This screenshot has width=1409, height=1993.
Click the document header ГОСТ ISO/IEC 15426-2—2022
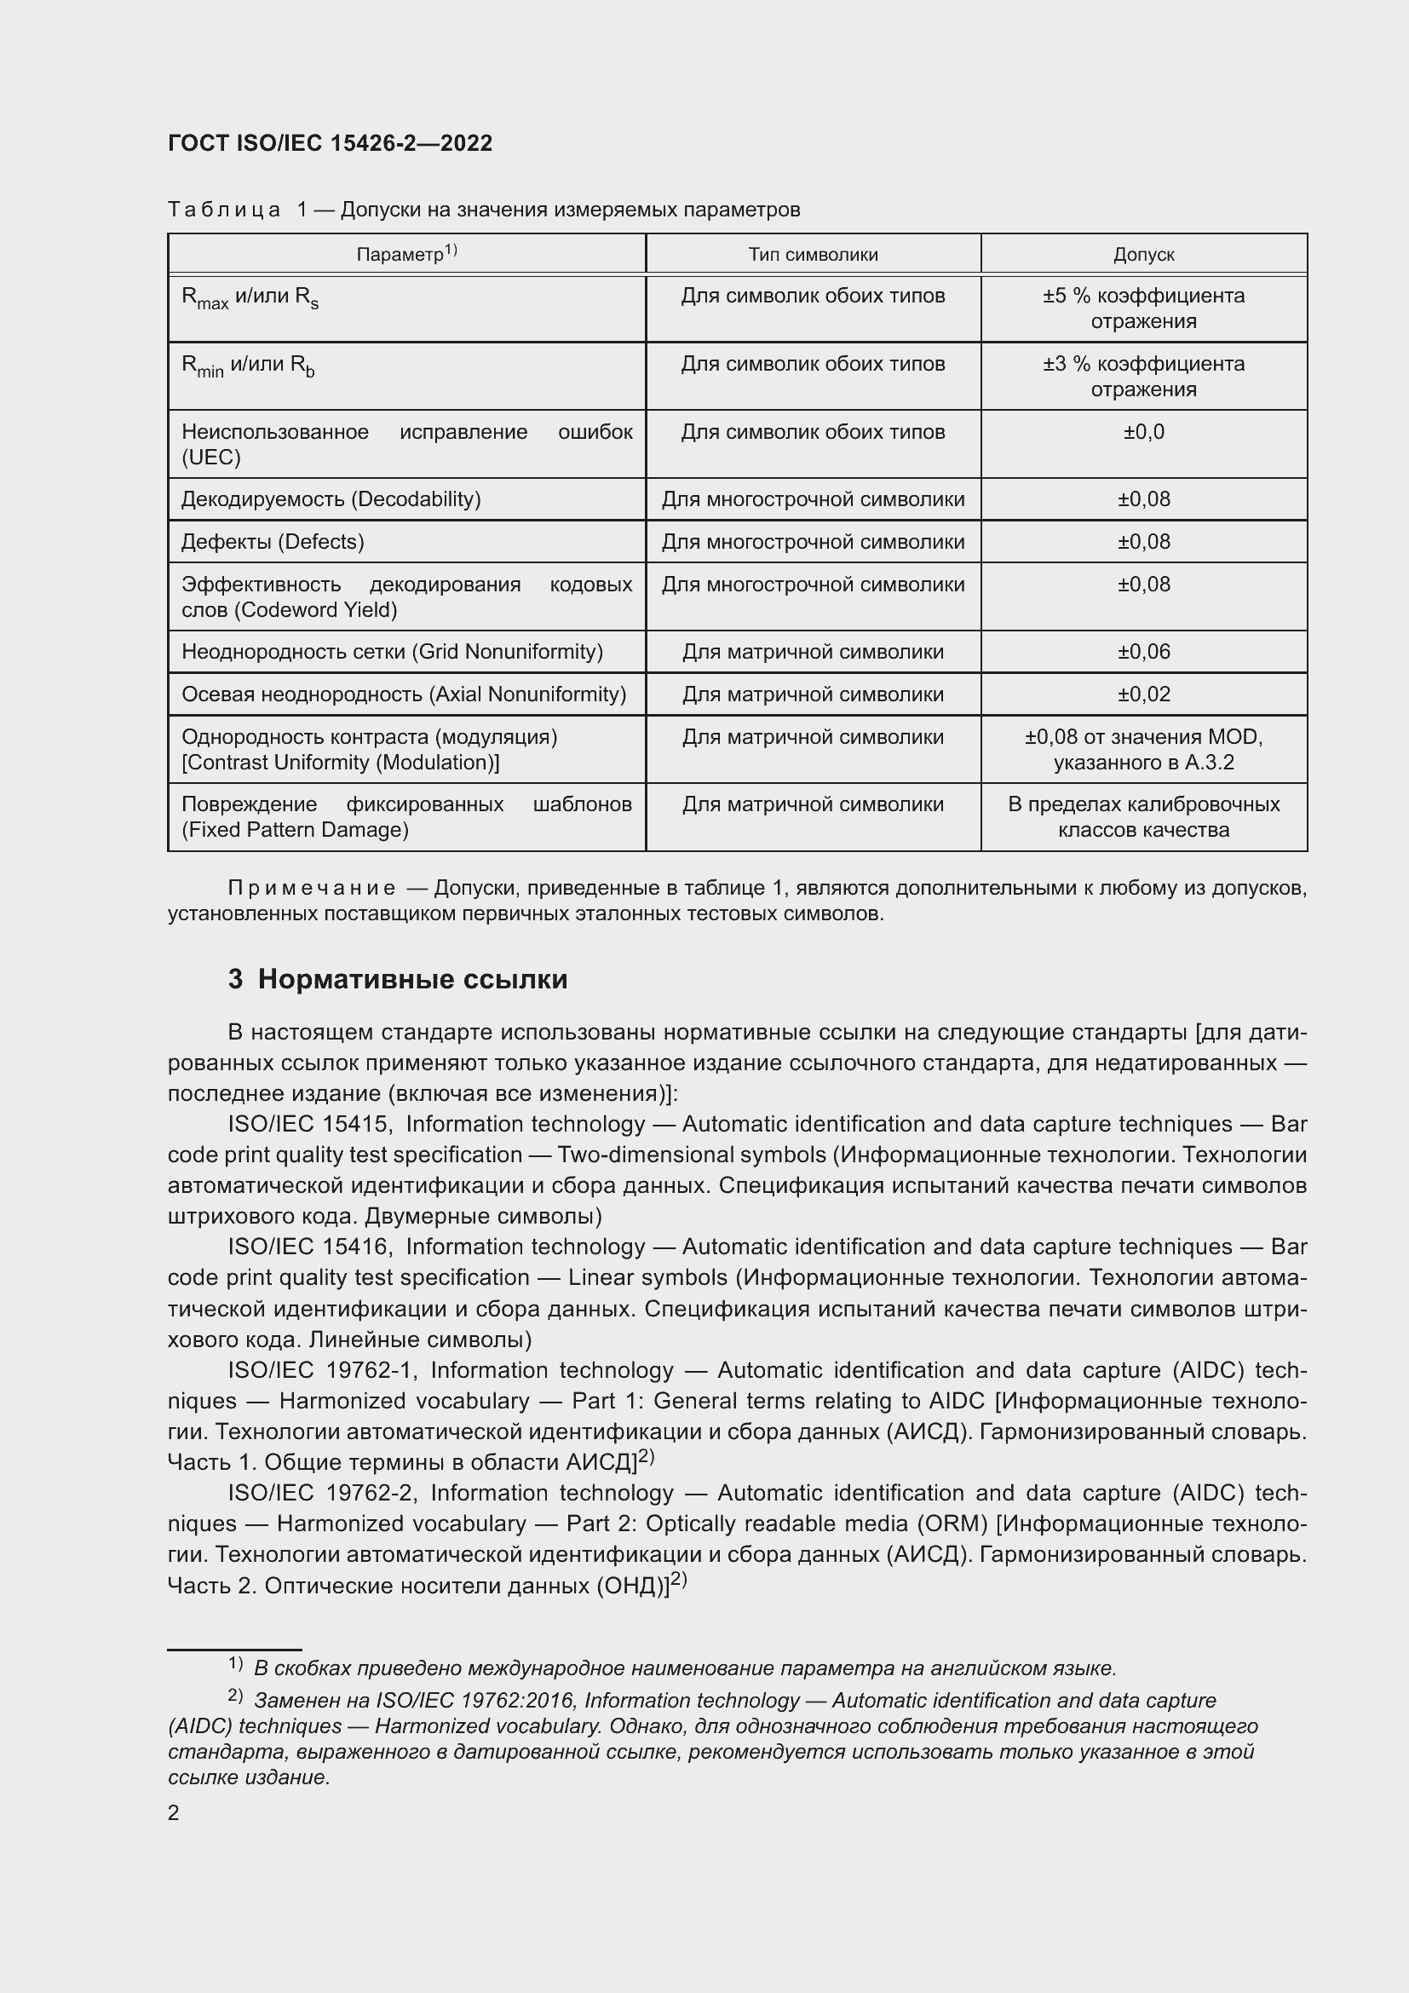pos(330,143)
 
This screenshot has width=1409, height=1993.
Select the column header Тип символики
pos(813,254)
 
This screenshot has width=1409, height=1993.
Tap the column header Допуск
pos(1143,254)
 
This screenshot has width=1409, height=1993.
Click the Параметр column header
pos(406,253)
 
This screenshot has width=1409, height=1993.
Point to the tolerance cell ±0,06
pos(1143,651)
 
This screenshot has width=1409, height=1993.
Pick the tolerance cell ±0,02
pos(1143,694)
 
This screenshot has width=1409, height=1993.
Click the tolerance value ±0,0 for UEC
pos(1143,431)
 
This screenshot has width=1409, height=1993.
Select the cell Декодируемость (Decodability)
pos(331,499)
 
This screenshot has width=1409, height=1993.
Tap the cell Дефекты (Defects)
pos(273,542)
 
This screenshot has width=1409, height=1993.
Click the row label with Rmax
pos(250,297)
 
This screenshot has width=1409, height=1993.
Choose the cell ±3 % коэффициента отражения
pos(1143,376)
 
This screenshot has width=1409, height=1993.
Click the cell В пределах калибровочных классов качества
pos(1143,816)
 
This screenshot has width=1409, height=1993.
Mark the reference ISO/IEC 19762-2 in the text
pos(323,1492)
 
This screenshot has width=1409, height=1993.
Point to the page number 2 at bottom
pos(174,1812)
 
